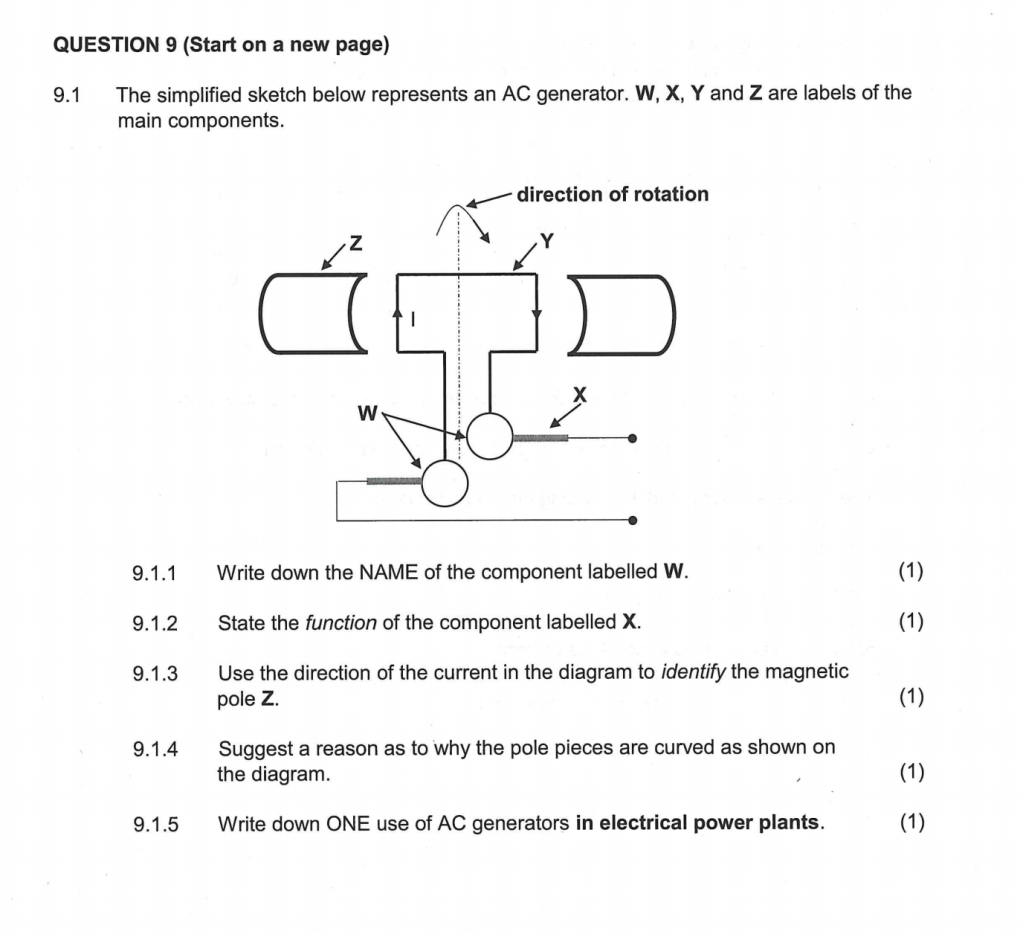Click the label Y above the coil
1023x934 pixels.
[545, 239]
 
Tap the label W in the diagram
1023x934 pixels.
[368, 412]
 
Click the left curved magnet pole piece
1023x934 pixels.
[311, 314]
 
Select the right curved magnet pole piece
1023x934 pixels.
[620, 314]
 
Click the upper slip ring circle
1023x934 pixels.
[490, 436]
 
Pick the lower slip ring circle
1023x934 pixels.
[444, 482]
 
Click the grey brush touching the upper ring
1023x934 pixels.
[540, 438]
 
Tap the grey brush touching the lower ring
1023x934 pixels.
[394, 481]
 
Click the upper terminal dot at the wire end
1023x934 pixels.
[632, 438]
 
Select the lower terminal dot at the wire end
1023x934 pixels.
[632, 520]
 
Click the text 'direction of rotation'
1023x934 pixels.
[612, 194]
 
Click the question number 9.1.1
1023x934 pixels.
[155, 573]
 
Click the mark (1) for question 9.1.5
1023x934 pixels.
[910, 823]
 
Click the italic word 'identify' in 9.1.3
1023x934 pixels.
[694, 672]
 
